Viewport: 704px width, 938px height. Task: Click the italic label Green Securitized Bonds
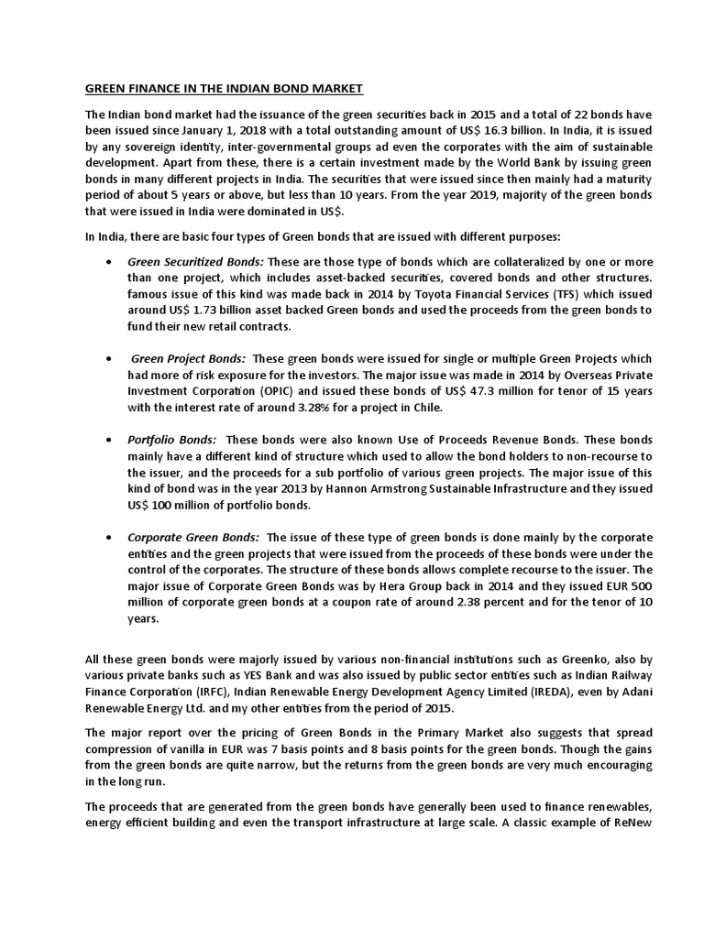click(195, 261)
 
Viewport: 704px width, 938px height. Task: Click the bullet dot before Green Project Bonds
click(110, 358)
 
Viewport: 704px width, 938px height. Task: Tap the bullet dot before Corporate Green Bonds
click(110, 538)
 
